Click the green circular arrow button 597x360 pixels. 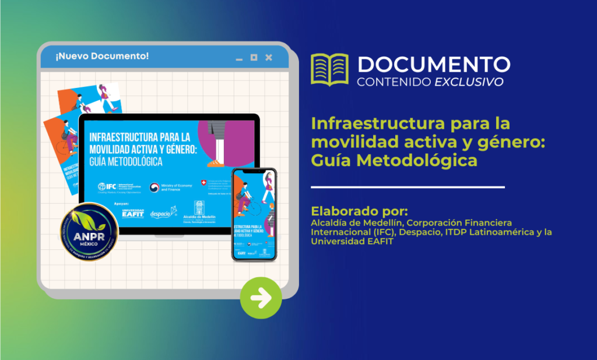[x=261, y=298]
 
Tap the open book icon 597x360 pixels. [x=329, y=69]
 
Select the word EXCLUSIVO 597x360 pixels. [x=469, y=82]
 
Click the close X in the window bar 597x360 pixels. [x=269, y=57]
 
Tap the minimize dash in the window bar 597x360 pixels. [x=238, y=59]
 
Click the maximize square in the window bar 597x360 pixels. [x=254, y=57]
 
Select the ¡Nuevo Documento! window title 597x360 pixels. [x=102, y=57]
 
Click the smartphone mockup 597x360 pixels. [x=254, y=214]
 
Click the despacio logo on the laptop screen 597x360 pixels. [x=163, y=213]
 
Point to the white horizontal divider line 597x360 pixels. [x=408, y=188]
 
